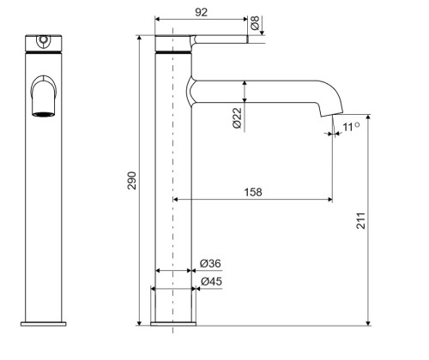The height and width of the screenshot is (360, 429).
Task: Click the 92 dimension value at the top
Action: point(201,12)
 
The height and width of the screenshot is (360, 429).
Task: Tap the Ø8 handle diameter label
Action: point(255,23)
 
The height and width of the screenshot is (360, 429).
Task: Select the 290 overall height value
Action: point(132,181)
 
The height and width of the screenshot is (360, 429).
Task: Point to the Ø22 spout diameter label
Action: point(237,118)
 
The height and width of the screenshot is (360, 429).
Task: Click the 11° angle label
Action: point(351,127)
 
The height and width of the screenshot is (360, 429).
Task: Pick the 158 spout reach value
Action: point(253,192)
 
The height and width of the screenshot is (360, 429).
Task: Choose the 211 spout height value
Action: point(361,220)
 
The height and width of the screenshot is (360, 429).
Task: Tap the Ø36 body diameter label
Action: point(210,263)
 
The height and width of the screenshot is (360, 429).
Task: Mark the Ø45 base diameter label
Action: point(211,282)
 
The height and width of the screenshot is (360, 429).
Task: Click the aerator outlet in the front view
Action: point(44,114)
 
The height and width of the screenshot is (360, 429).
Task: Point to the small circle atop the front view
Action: point(44,39)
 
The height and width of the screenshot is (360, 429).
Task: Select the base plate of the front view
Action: point(44,324)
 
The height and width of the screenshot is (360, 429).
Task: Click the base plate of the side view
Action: point(173,324)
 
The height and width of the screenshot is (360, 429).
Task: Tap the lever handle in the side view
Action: point(219,39)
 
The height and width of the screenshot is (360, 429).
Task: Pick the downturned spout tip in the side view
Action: point(331,109)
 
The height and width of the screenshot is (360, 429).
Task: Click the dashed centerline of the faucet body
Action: point(172,181)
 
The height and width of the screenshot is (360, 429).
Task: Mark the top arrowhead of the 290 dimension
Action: point(139,39)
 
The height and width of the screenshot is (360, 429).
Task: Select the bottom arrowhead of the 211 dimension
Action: point(368,323)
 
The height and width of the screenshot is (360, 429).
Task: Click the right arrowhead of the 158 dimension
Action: point(329,199)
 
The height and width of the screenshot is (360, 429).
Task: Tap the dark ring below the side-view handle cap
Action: point(173,52)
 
